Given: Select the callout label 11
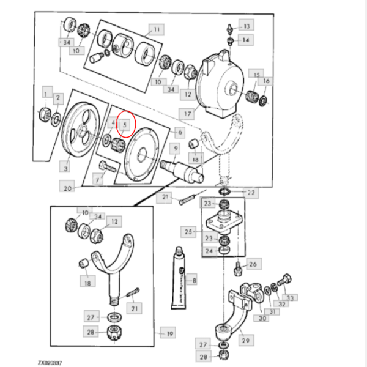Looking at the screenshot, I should click(x=156, y=29).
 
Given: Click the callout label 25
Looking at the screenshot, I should click(x=188, y=231).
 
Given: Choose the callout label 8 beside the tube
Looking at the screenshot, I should click(x=194, y=281).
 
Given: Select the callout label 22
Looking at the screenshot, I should click(x=251, y=193).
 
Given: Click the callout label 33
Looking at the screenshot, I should click(x=291, y=298).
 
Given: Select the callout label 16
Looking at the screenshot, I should click(x=266, y=81).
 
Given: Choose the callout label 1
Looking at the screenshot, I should click(x=45, y=93).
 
